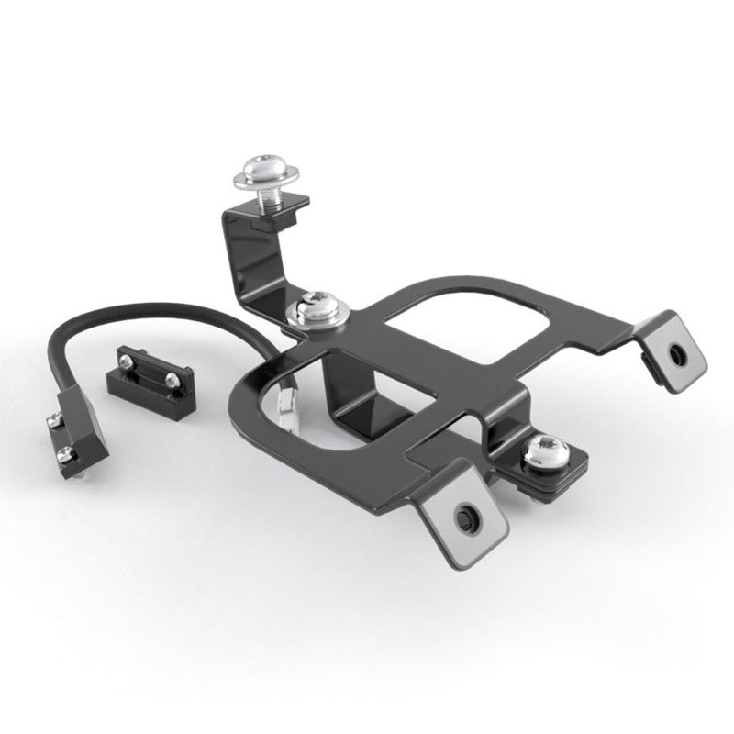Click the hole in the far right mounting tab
tap(677, 353)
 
